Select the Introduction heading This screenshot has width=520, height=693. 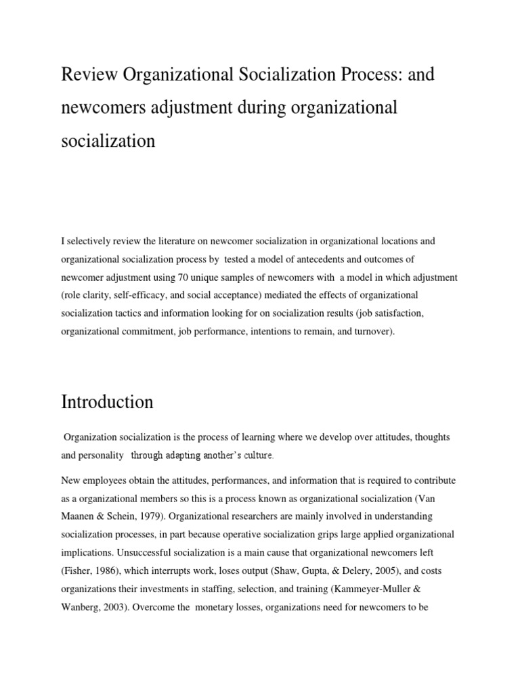107,402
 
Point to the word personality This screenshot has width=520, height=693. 101,455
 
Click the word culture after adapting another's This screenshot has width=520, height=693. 255,455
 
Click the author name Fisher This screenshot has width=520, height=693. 77,571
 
